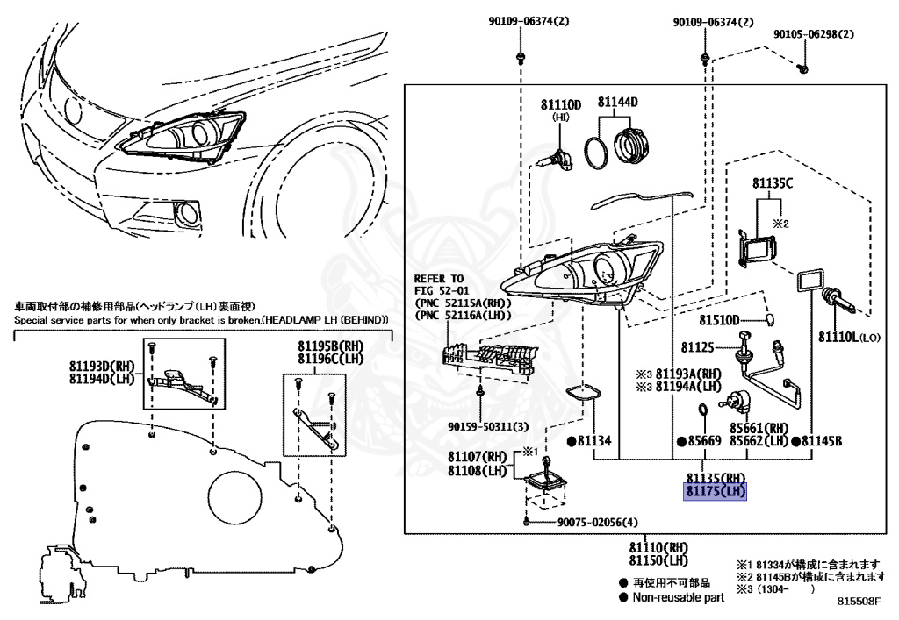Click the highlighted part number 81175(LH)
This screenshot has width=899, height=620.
(x=716, y=492)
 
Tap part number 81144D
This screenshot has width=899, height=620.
(x=618, y=103)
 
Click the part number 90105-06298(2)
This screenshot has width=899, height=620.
(x=814, y=35)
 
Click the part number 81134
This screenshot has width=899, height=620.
(x=594, y=440)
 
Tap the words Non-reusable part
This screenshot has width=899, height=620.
(x=678, y=598)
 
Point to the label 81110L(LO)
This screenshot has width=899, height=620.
(x=848, y=336)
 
